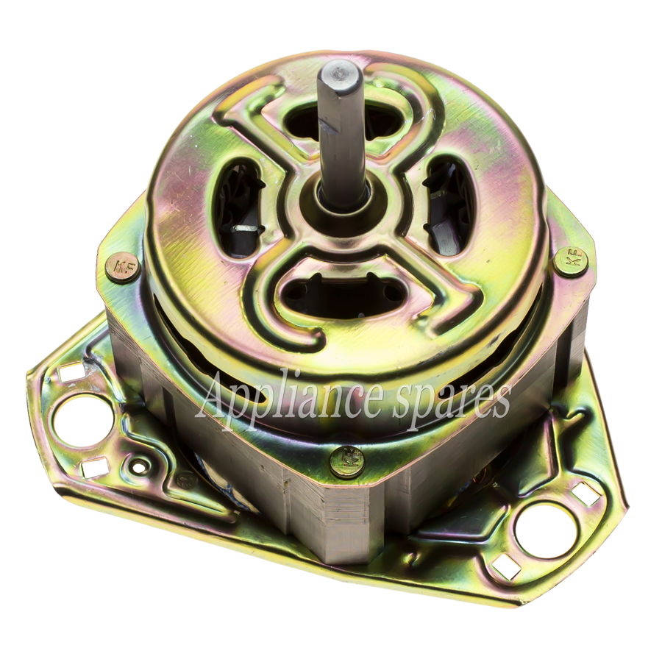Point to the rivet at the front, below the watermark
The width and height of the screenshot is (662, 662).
[347, 460]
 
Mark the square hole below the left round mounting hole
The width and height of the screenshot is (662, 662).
[95, 468]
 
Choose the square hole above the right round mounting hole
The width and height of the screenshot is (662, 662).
[585, 494]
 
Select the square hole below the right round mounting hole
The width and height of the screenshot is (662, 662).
[507, 566]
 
